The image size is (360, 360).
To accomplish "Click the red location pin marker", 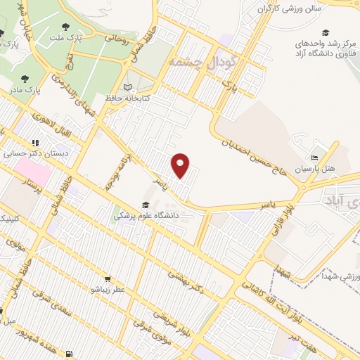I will [181, 165].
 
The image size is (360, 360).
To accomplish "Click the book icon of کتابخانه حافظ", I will [127, 87].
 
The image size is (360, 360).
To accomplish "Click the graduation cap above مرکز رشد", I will [325, 32].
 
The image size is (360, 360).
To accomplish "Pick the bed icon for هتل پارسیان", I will [314, 157].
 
